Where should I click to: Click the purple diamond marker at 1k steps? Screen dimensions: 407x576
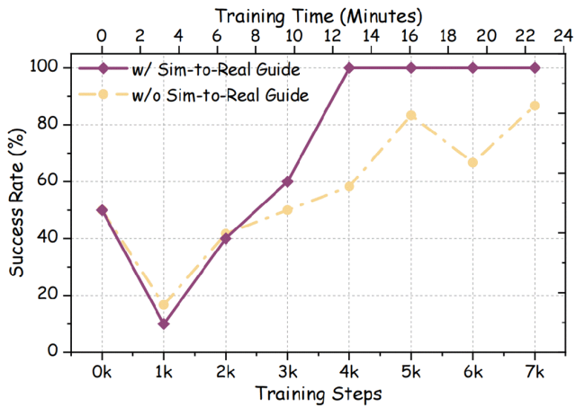pos(163,323)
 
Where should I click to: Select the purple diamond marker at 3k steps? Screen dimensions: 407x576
pos(287,181)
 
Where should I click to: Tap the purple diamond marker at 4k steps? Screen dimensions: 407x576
pos(349,67)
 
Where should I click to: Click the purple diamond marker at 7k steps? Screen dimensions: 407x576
pos(535,67)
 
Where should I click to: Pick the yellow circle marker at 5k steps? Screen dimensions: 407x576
pos(411,115)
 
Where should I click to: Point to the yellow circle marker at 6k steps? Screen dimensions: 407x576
pos(472,163)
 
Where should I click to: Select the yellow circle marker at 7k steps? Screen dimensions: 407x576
pos(535,105)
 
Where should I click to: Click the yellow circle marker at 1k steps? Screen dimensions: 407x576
pos(163,305)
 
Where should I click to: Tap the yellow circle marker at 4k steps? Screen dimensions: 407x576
pos(349,186)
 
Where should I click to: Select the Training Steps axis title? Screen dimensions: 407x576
pos(317,394)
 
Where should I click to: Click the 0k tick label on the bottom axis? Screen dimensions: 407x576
pos(101,369)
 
